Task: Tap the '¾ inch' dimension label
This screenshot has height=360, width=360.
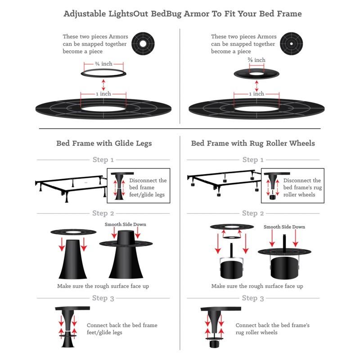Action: point(103,63)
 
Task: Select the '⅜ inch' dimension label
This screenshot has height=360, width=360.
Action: point(256,60)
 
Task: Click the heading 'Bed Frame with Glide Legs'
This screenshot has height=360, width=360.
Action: point(104,144)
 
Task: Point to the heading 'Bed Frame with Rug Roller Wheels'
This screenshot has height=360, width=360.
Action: point(253,144)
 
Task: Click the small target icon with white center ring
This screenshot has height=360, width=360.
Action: point(143,44)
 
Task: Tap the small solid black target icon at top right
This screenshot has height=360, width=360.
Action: point(290,44)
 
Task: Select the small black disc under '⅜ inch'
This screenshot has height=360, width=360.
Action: point(256,72)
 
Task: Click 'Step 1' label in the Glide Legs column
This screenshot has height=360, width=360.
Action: point(103,160)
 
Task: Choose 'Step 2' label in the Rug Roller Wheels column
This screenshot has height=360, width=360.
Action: point(253,213)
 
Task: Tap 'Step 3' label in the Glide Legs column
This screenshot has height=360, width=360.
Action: point(103,298)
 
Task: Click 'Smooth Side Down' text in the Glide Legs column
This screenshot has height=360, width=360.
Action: point(126,224)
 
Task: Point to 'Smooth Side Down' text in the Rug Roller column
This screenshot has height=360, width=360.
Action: point(284,227)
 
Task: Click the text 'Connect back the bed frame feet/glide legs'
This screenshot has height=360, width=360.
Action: point(122,328)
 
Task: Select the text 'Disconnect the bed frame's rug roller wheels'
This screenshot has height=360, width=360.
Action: point(302,188)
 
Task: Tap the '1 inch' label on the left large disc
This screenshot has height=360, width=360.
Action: point(103,94)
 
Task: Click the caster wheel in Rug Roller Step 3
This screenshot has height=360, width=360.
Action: point(215,344)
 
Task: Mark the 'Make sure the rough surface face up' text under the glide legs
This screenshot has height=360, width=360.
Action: point(103,286)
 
